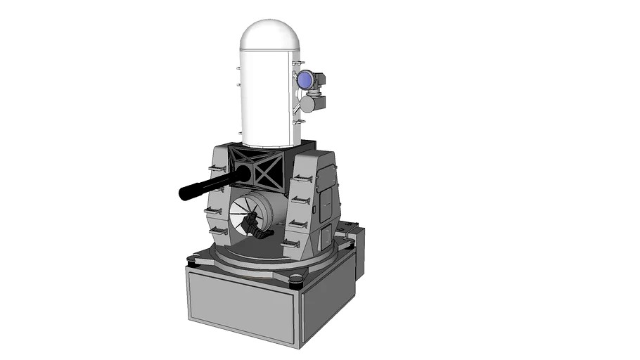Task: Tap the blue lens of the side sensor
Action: click(x=305, y=81)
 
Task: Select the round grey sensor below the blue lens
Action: click(x=307, y=104)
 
